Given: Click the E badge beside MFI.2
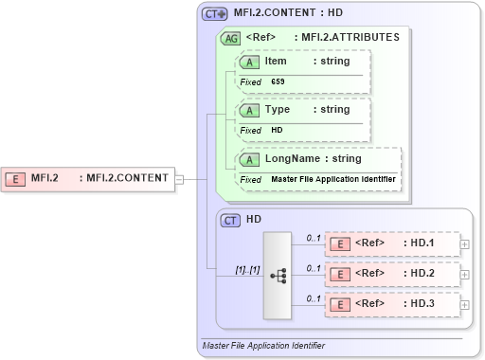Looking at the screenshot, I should pos(16,177).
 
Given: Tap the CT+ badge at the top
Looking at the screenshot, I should pos(215,14).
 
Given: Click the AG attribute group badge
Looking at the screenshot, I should pos(229,38).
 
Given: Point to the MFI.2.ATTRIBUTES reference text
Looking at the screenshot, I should pos(350,38).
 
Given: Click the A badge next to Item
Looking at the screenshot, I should pos(249,62).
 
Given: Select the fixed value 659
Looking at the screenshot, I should pos(278,82).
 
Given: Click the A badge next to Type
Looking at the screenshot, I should pos(249,109).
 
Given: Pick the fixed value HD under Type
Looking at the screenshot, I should pos(277,130).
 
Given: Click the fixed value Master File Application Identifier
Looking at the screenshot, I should pos(332,179).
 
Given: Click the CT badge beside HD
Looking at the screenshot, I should pos(230,220).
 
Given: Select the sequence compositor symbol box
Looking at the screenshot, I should pos(278,275).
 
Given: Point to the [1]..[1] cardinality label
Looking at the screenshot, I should pos(246,270).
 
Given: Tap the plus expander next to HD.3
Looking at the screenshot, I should pos(464,305).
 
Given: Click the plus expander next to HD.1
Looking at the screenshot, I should pos(464,243).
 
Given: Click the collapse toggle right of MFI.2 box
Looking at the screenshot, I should pos(179,177).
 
